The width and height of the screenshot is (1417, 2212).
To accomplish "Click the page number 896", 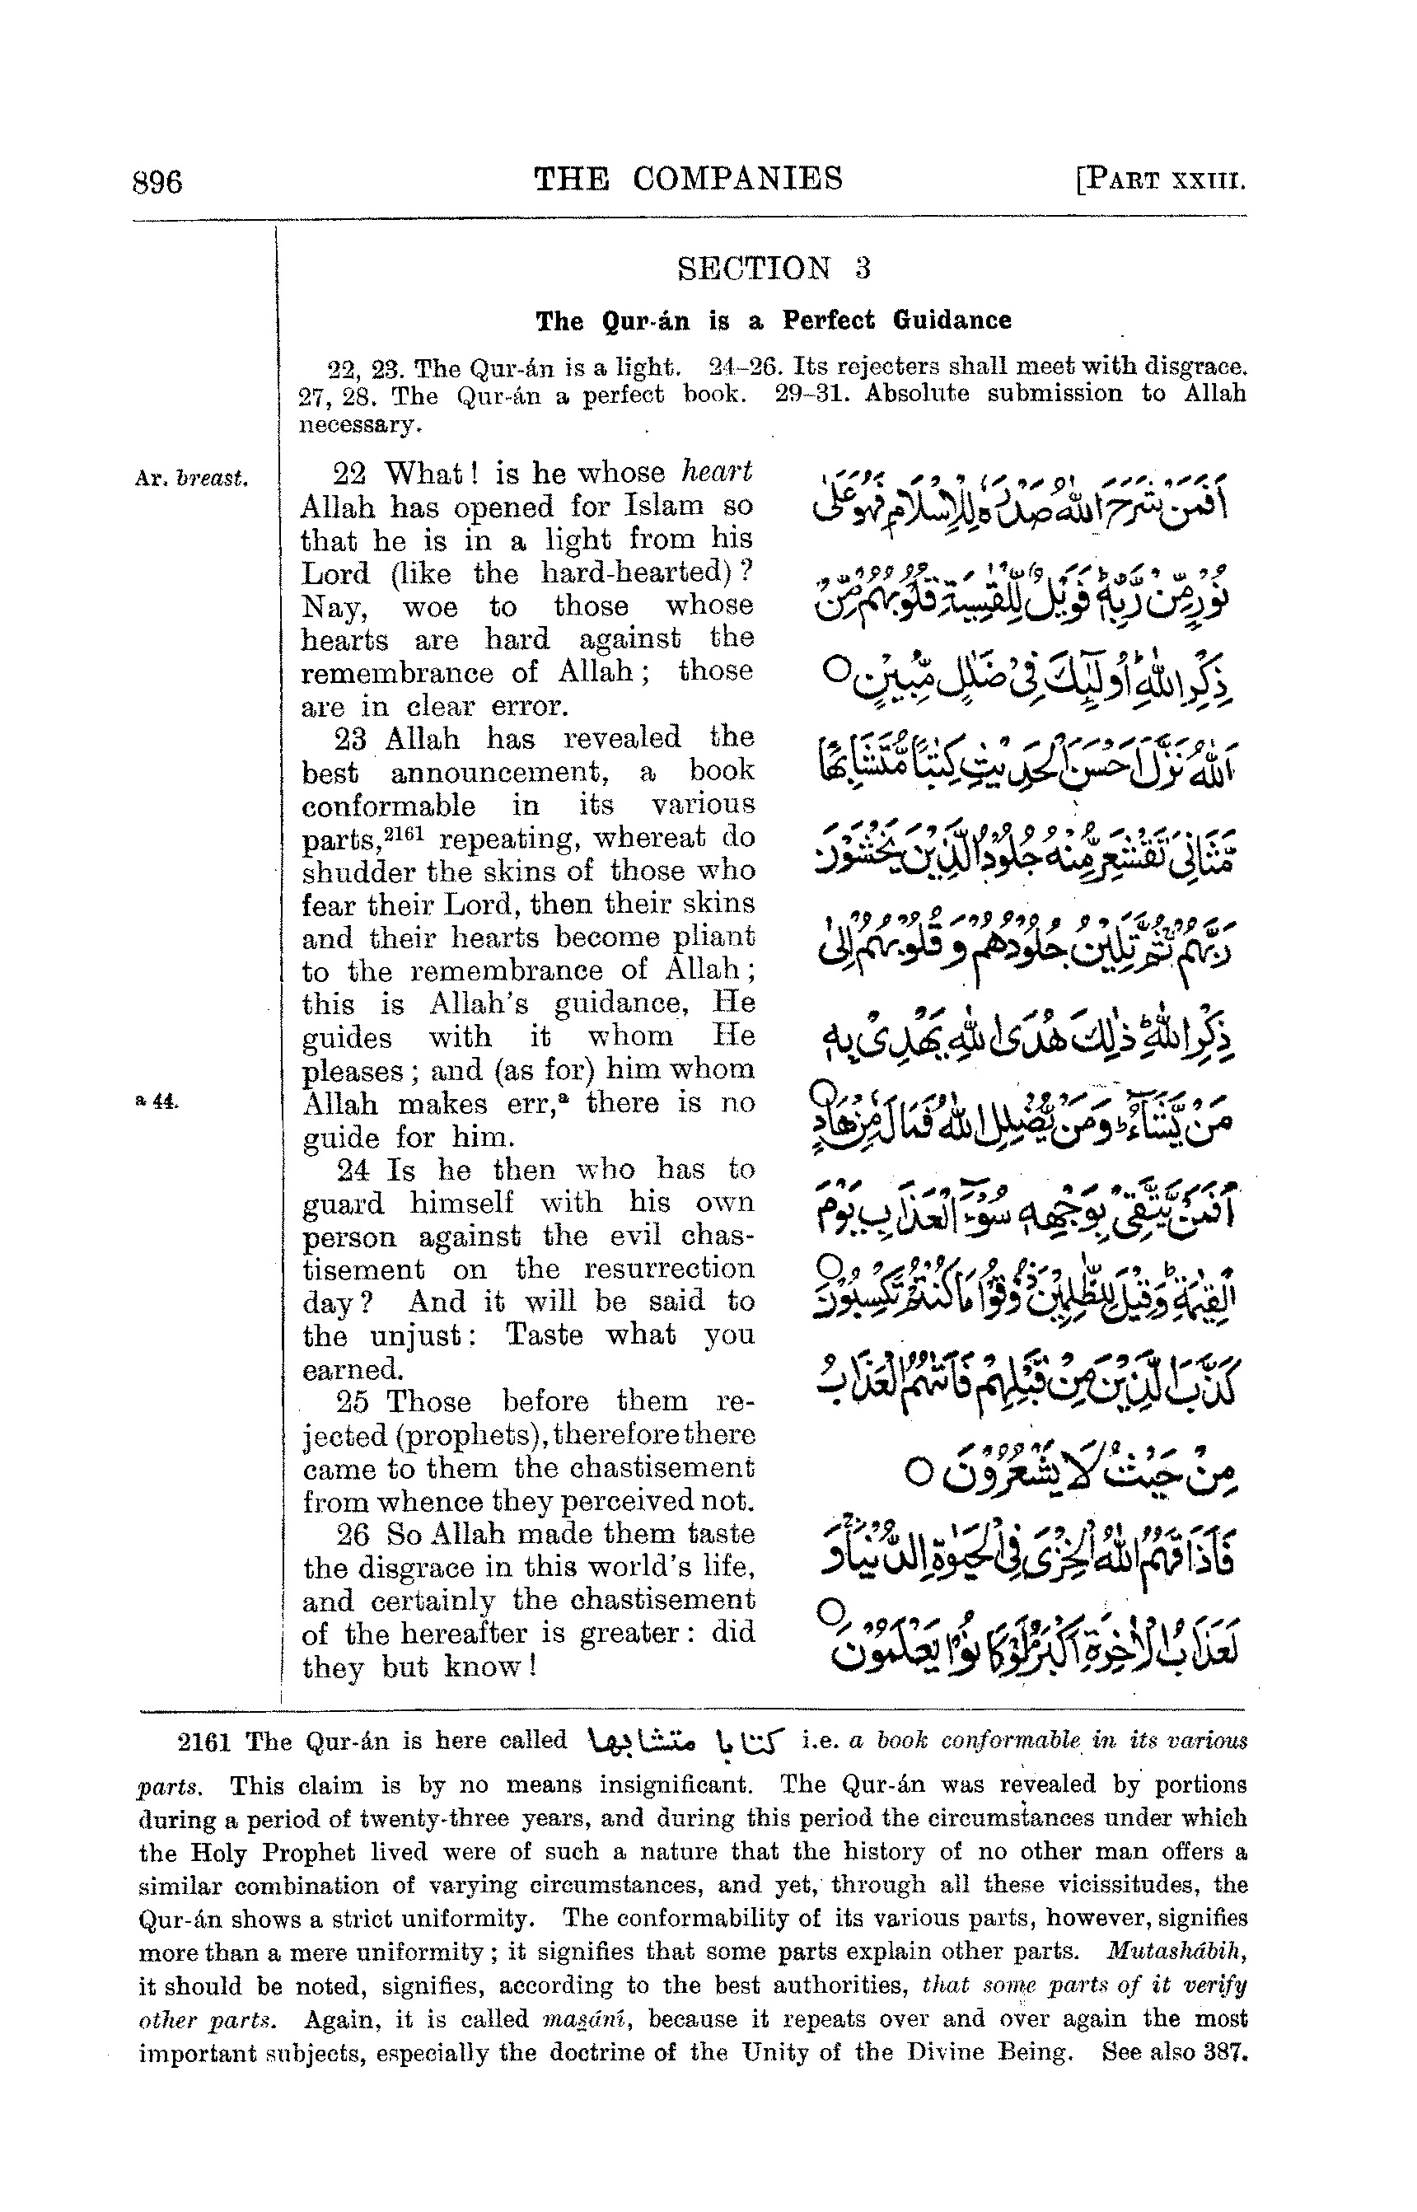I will [157, 181].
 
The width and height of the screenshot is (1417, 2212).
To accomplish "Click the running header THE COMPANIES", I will [688, 178].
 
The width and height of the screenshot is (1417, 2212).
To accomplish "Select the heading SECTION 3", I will [773, 269].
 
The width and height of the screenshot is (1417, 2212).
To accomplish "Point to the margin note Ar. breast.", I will [190, 479].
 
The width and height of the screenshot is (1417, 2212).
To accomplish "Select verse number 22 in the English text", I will [348, 473].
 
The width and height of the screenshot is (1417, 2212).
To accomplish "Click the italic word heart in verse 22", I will [716, 472].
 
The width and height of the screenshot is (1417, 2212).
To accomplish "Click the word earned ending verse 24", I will [352, 1368].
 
